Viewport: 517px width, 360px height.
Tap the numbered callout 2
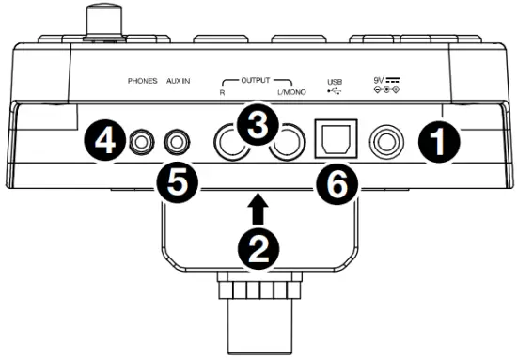tap(258, 247)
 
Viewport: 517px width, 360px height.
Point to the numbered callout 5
tap(177, 180)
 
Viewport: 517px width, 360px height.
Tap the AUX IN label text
tap(180, 82)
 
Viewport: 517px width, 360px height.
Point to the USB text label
tap(336, 81)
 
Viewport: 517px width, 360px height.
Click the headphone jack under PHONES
tap(142, 143)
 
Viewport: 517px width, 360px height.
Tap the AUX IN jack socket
tap(178, 143)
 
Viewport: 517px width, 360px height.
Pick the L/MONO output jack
tap(287, 144)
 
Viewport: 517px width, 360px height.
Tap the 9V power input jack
tap(387, 143)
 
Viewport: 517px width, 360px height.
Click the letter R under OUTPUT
tap(223, 96)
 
